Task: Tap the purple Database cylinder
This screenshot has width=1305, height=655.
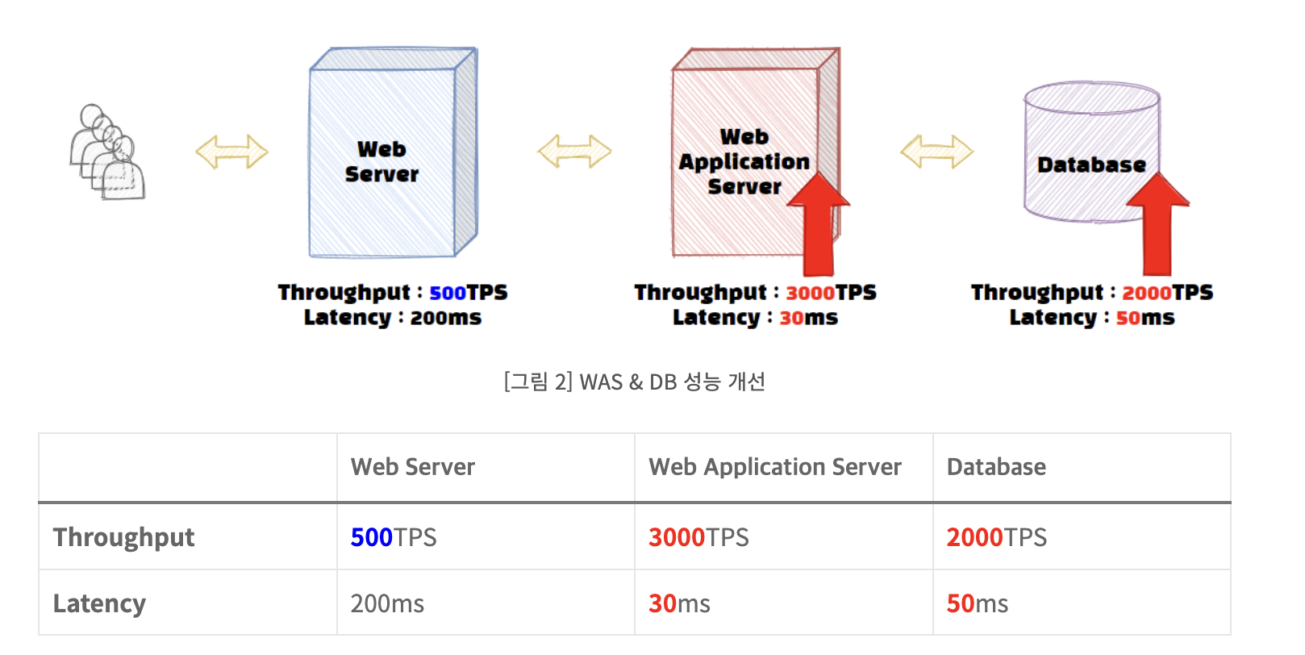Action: (1091, 153)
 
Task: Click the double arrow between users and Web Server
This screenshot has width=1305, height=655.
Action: (231, 152)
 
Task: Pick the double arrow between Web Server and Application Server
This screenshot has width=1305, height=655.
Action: (574, 152)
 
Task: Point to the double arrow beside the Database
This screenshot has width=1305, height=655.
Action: (936, 152)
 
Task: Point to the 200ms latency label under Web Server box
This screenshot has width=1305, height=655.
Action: (445, 318)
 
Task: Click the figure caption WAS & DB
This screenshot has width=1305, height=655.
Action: (635, 382)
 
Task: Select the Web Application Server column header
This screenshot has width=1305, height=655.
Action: (775, 467)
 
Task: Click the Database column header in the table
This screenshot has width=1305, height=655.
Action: (996, 467)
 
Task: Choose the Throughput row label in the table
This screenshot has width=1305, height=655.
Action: (124, 537)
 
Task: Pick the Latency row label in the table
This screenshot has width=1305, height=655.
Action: (100, 603)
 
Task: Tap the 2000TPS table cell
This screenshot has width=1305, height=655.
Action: (997, 537)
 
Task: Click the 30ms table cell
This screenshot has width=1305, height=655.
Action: (680, 603)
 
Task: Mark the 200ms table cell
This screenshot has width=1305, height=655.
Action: (387, 603)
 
